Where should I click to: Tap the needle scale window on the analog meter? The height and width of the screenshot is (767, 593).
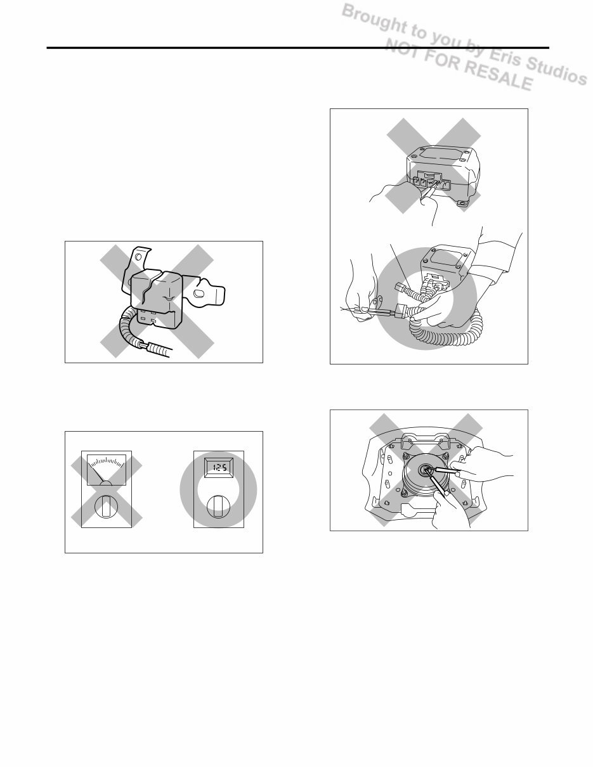coord(106,470)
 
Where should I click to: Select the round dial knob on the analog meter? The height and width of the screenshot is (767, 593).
coord(106,508)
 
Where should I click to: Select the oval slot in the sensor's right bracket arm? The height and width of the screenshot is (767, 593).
coord(199,295)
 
